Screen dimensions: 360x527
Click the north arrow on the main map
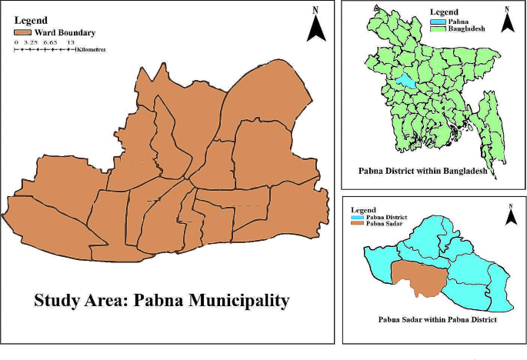click(x=316, y=25)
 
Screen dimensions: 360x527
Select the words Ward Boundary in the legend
click(x=65, y=33)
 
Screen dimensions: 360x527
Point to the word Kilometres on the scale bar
click(x=91, y=48)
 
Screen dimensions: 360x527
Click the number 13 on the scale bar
click(x=70, y=42)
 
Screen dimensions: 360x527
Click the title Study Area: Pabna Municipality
click(x=162, y=299)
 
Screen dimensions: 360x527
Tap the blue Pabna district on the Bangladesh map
click(x=405, y=80)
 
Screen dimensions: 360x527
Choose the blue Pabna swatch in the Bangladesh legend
click(x=436, y=23)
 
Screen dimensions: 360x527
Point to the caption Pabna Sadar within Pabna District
click(x=436, y=318)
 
